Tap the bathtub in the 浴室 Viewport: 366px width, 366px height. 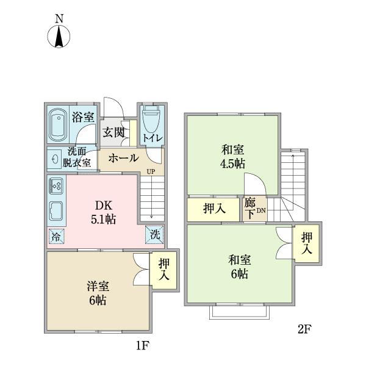(x=58, y=125)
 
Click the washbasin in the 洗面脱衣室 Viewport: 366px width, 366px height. (x=55, y=159)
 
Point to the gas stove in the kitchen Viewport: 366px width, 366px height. (x=56, y=186)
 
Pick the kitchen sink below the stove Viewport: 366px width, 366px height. (x=56, y=212)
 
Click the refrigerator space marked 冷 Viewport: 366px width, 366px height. (x=56, y=237)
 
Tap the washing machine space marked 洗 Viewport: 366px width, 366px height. (x=154, y=235)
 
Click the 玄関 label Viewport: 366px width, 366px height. (x=113, y=132)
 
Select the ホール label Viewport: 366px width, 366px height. (x=124, y=158)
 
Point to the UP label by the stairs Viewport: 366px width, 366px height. (x=151, y=172)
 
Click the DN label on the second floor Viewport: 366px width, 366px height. (x=261, y=210)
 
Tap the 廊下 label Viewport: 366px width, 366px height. (x=250, y=209)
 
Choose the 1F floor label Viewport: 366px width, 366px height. (x=143, y=346)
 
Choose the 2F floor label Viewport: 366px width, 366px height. (x=304, y=329)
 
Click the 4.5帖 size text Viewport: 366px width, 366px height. (x=232, y=164)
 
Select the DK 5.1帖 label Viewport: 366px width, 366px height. (x=104, y=212)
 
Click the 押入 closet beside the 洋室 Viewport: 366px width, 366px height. (x=164, y=270)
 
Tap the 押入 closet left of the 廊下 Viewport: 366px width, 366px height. (x=213, y=209)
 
